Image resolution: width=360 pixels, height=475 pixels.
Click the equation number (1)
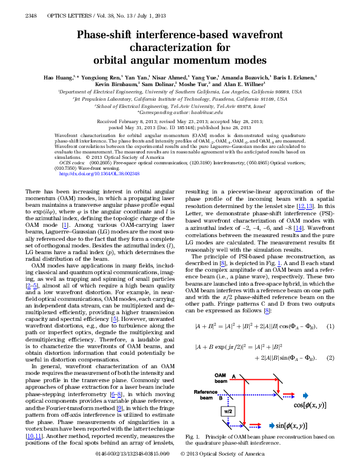pos(330,326)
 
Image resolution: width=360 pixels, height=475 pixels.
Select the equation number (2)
pos(330,358)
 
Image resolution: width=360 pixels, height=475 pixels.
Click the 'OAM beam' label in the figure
pos(205,379)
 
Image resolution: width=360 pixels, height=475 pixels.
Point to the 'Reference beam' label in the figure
pos(205,395)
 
